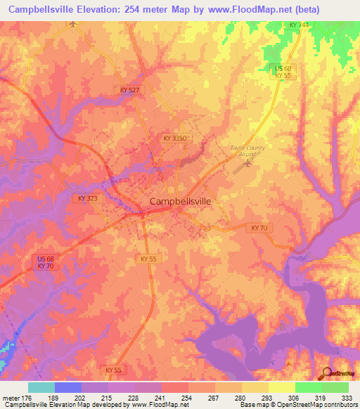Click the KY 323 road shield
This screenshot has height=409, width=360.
click(89, 199)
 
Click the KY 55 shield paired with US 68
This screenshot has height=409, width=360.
click(283, 75)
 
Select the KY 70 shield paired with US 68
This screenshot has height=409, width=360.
click(46, 266)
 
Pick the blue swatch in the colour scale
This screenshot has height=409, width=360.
click(68, 387)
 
